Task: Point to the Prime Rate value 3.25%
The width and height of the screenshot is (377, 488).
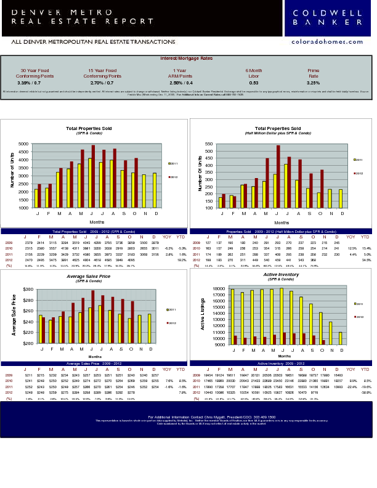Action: click(313, 82)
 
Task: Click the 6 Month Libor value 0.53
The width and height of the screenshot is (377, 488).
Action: click(254, 82)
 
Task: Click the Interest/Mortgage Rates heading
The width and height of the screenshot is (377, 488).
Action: click(186, 58)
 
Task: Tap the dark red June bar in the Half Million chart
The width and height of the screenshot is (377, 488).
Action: click(278, 177)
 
